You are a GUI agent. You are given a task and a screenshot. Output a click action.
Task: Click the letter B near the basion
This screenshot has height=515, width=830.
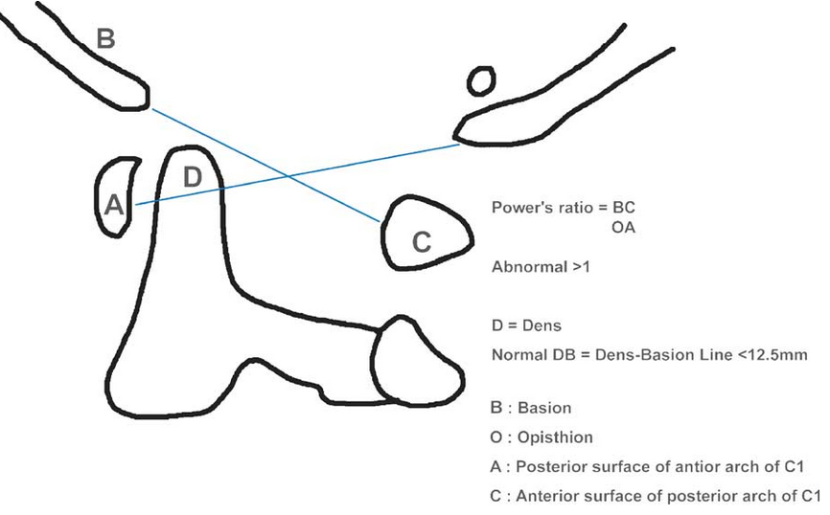pos(106,39)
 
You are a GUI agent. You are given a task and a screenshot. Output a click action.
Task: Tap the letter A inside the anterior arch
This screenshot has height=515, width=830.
pos(112,204)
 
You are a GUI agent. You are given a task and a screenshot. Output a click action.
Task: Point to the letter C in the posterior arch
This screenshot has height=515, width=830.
pos(421,243)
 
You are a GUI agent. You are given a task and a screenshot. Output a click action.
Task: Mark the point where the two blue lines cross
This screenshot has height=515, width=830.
pos(288,176)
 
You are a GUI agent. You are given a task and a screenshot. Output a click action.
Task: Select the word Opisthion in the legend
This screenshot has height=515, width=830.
pos(556,437)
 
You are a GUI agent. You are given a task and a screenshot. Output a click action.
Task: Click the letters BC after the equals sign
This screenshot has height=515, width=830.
pos(624,208)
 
